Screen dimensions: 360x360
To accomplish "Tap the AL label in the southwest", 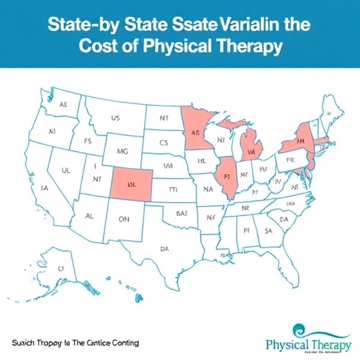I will tap(89, 217).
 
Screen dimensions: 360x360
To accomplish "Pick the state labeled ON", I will tap(123, 219).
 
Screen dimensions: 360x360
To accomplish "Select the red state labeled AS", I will tap(197, 132).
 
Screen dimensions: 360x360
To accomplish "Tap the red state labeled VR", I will tap(251, 151).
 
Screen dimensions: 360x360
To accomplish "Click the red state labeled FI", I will tap(227, 176).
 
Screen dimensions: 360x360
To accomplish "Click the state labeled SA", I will tap(268, 230).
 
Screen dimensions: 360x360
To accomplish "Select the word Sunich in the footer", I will tap(26, 323).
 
